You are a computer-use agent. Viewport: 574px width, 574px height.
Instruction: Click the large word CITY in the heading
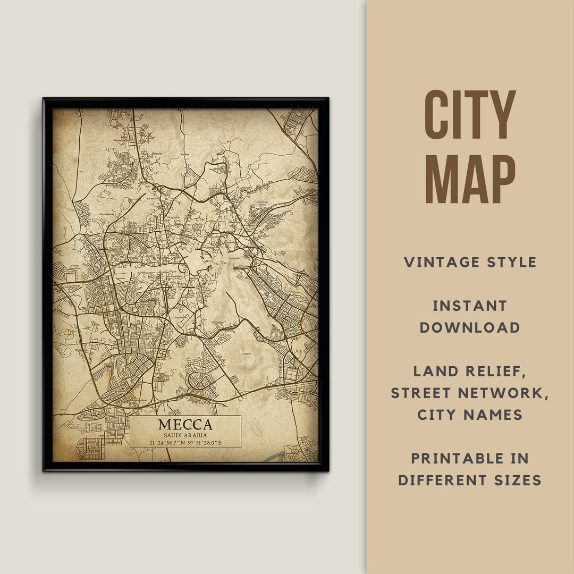[x=470, y=115]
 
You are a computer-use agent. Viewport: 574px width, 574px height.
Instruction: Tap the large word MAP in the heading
[x=470, y=179]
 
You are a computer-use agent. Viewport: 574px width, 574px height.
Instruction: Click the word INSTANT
[x=470, y=306]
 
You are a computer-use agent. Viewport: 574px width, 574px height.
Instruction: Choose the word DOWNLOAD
[x=470, y=327]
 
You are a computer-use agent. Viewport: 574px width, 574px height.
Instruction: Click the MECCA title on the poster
[x=185, y=425]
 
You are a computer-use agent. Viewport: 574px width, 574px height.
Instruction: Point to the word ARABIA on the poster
[x=196, y=435]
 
